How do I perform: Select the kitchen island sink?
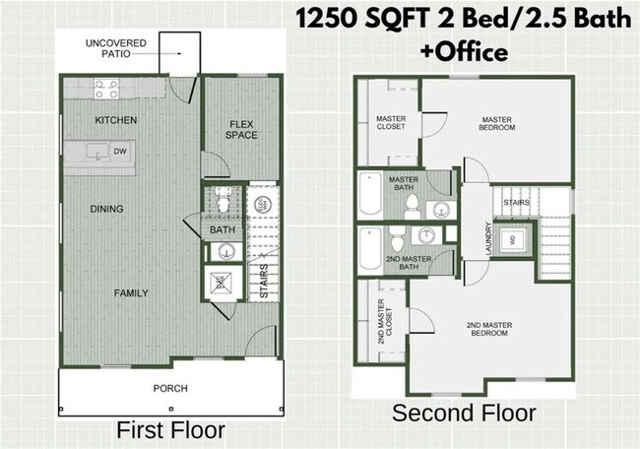(96, 152)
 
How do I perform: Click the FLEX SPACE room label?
(242, 129)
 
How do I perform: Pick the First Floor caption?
(170, 430)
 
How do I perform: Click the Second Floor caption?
(464, 413)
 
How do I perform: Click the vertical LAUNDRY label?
(489, 237)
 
